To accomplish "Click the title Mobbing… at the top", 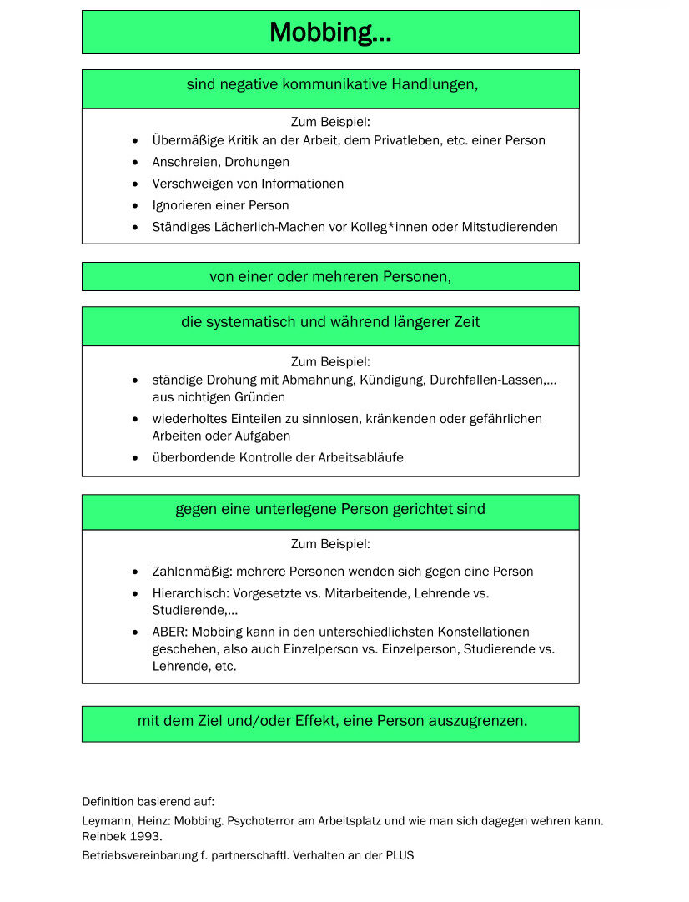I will (x=330, y=33).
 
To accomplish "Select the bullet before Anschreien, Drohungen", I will (x=136, y=162).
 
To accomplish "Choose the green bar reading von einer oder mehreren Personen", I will (x=330, y=277).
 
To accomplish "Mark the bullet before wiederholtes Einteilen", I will (x=136, y=419).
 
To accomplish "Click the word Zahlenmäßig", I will (x=191, y=572).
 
